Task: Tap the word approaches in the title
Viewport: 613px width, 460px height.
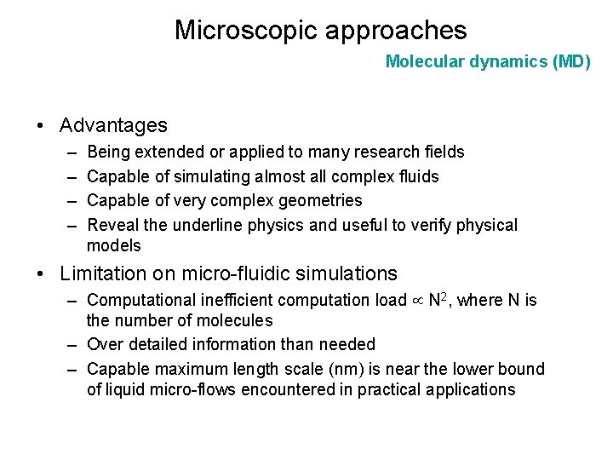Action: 392,31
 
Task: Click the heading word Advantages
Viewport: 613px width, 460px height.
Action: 113,125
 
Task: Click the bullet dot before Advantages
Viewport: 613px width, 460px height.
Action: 41,126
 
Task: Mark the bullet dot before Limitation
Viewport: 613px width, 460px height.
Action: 41,274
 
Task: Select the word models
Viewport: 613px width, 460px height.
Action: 114,246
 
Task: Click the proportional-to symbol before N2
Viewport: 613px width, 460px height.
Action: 418,301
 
